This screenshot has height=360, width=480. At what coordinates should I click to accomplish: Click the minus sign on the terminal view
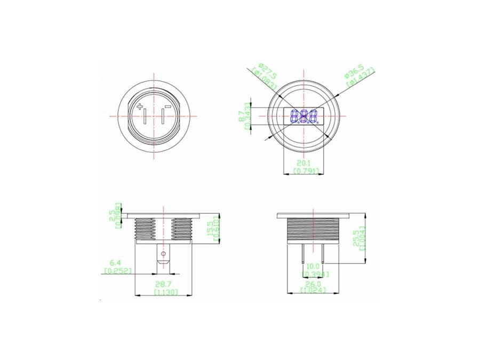168,107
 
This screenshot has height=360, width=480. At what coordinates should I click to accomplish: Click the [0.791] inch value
306,171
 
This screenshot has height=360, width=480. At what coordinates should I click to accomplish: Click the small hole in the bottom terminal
164,253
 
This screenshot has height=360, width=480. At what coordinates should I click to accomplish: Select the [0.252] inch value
116,270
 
